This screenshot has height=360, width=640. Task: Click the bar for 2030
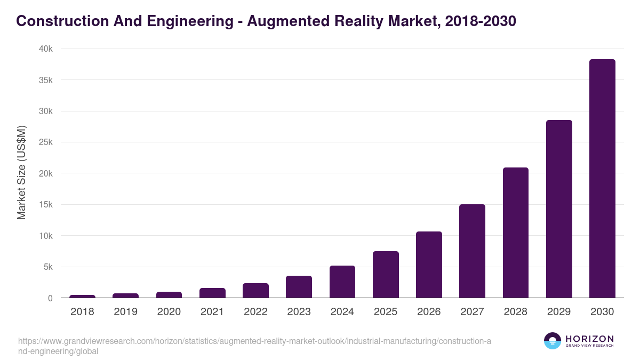[x=602, y=179]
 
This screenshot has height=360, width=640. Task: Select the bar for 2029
[x=559, y=209]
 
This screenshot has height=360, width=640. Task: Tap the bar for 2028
[x=515, y=233]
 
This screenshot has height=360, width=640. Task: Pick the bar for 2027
[x=472, y=251]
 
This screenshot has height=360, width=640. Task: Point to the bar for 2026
[x=429, y=265]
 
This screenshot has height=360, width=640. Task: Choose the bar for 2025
[x=386, y=275]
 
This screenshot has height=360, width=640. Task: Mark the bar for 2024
[x=342, y=282]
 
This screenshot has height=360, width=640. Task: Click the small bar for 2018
[x=82, y=296]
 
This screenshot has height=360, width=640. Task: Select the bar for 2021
[x=212, y=293]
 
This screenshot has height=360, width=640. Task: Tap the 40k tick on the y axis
[x=45, y=49]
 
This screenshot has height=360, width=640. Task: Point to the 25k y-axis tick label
[x=45, y=142]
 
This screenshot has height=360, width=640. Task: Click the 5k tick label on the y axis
[x=47, y=267]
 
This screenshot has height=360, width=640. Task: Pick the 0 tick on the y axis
[x=50, y=298]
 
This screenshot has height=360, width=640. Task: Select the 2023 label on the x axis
[x=299, y=312]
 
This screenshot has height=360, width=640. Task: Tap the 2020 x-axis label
[x=169, y=312]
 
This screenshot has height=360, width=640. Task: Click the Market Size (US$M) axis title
[x=21, y=173]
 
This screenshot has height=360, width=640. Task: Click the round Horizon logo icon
[x=553, y=341]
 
